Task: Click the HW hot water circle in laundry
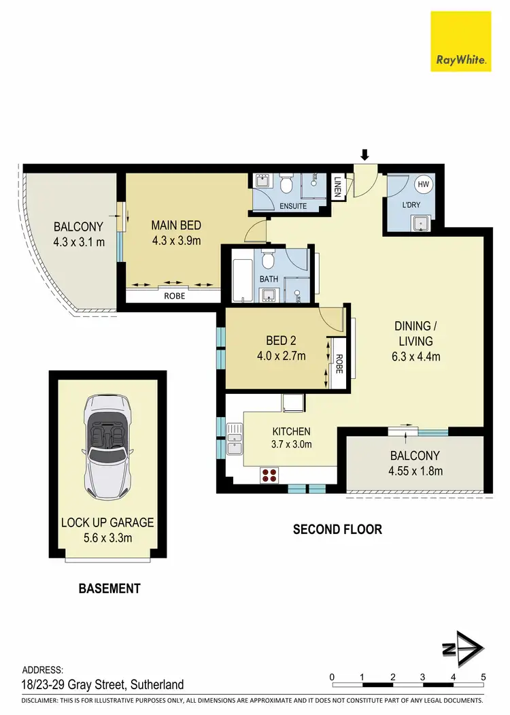click(423, 184)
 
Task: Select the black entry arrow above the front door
click(364, 155)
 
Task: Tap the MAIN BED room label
click(176, 226)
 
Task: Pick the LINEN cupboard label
click(337, 188)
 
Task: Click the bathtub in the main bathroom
click(240, 276)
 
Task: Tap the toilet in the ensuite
click(286, 184)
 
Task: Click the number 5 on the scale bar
click(483, 676)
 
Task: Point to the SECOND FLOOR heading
click(337, 529)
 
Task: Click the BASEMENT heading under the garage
click(109, 588)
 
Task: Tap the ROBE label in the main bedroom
click(173, 296)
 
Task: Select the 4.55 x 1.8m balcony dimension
click(414, 471)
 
